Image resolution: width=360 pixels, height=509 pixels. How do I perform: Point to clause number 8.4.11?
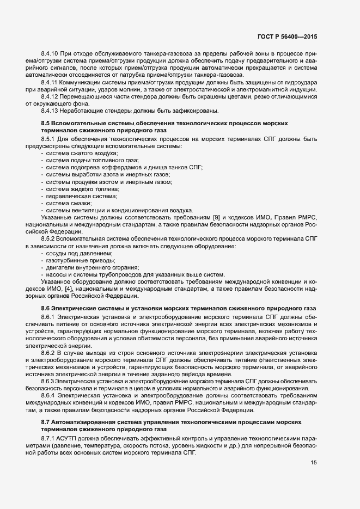click(51, 82)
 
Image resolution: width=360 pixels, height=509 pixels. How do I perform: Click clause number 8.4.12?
click(51, 96)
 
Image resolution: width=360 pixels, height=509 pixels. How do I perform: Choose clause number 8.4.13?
click(51, 110)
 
